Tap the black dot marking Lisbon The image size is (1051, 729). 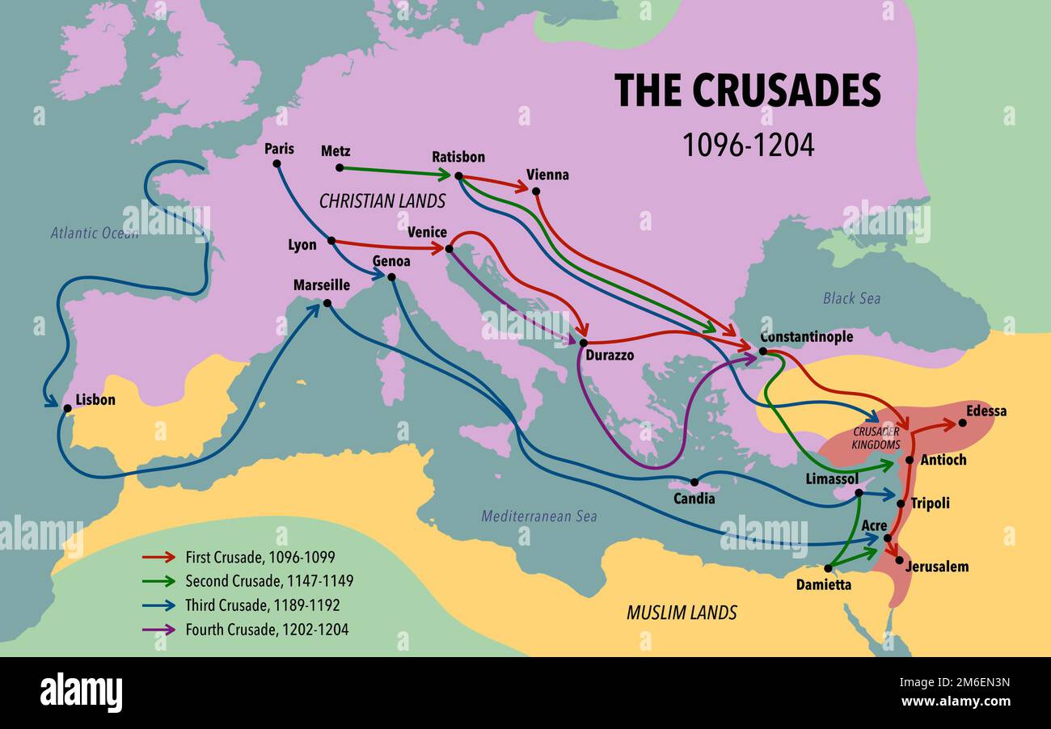67,408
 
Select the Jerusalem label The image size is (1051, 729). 936,567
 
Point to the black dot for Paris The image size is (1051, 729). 277,163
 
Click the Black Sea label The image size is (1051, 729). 851,298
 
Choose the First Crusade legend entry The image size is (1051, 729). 260,557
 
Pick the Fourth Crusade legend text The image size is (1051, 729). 267,629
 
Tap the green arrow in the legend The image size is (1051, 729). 158,581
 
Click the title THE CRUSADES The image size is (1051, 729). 747,91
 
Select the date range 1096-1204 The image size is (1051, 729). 748,145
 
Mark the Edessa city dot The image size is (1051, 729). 962,423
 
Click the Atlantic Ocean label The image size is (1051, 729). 95,233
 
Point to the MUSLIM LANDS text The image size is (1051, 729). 682,613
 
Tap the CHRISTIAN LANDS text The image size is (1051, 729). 382,201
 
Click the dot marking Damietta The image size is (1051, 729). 828,568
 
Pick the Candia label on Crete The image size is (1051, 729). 694,499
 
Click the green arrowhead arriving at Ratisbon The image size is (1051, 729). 444,174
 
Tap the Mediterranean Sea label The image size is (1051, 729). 538,516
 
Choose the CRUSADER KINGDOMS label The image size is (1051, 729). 876,438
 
